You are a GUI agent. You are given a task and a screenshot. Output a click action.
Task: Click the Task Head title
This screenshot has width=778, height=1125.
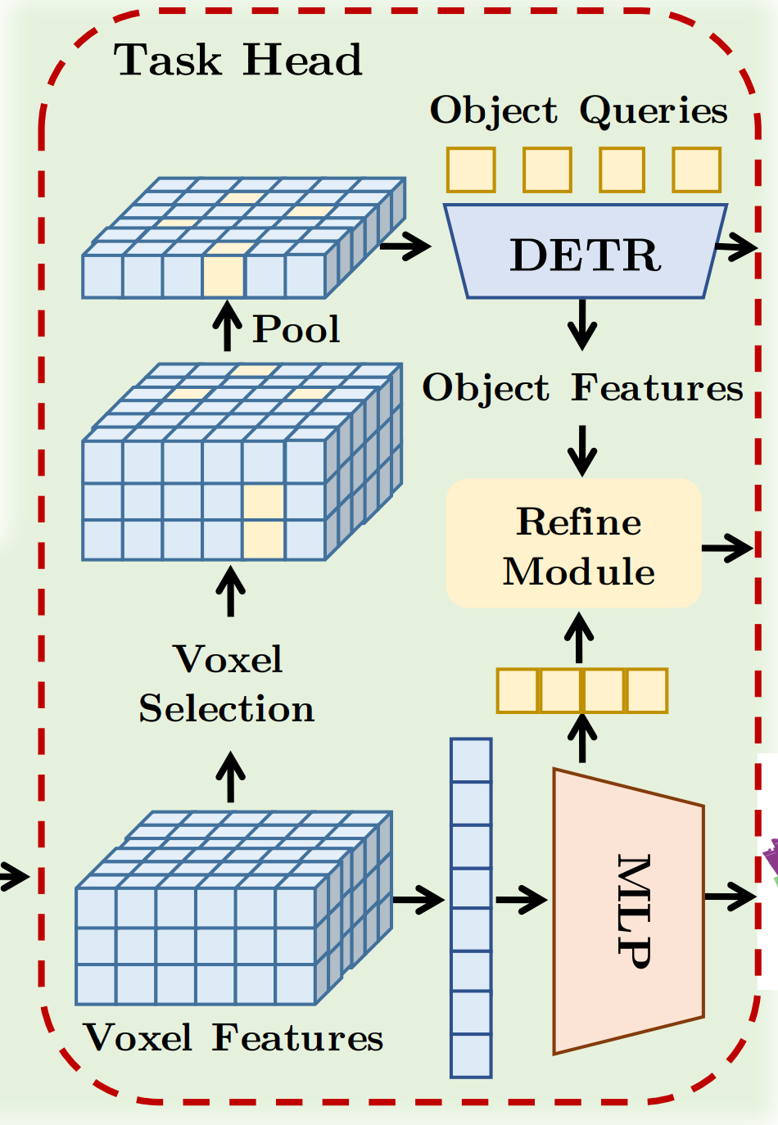237,61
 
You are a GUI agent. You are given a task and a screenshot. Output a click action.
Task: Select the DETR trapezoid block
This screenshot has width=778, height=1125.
585,253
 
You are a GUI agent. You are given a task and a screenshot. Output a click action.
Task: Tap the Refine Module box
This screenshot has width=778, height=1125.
574,544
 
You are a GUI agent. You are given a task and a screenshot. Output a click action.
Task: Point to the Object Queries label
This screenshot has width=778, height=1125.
578,111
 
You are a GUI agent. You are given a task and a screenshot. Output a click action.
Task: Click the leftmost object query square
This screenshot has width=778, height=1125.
471,169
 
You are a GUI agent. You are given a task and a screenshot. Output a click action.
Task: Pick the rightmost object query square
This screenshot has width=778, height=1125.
696,169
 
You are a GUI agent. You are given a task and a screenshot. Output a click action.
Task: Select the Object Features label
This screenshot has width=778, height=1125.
582,388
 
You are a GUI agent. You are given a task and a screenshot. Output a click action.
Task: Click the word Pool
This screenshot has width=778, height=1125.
296,329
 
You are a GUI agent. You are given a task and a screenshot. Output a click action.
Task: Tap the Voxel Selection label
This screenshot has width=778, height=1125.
227,684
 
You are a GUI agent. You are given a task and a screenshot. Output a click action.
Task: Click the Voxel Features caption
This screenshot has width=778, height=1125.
233,1038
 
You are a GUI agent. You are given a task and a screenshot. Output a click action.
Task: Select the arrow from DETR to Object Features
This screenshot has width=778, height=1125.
582,325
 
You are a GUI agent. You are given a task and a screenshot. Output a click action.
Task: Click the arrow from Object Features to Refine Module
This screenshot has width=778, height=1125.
582,450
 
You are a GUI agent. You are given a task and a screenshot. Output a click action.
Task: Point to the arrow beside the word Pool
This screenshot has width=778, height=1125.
228,326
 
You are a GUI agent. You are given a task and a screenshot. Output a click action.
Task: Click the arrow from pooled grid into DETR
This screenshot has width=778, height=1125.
405,245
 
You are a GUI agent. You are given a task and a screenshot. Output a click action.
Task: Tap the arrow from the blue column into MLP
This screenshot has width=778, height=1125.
521,900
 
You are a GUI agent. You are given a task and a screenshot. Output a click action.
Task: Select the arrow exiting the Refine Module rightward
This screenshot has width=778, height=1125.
727,547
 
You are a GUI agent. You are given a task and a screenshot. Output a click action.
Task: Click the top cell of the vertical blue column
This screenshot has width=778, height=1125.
471,760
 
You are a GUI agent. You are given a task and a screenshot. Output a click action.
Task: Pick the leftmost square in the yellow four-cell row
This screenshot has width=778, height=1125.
518,690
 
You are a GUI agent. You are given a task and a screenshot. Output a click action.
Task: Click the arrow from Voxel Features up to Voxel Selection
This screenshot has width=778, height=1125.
230,777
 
